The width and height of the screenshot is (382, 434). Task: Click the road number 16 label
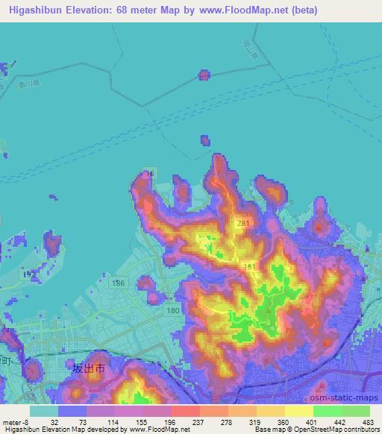[x=150, y=173]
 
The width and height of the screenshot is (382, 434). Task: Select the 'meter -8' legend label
[x=13, y=421]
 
